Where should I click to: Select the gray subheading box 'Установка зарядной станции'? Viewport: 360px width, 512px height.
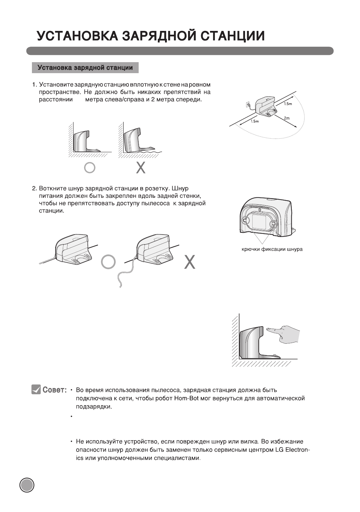click(85, 68)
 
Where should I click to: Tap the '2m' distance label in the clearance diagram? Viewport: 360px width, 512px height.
click(287, 118)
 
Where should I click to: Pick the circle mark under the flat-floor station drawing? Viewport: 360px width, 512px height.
click(90, 167)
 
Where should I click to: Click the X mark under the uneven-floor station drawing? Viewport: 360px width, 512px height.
click(141, 167)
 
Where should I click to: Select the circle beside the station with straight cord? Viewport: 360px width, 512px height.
click(108, 262)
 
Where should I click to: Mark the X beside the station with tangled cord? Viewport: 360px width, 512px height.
click(190, 262)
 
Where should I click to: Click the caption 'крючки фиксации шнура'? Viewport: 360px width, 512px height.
click(272, 249)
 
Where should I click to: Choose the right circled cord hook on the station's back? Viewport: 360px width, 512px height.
click(273, 224)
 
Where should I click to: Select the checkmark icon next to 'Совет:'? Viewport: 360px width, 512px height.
click(36, 390)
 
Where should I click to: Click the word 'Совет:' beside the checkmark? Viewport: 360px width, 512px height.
click(54, 390)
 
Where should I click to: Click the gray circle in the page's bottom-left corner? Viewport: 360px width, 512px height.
click(27, 485)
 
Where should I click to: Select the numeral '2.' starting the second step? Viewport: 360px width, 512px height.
click(34, 189)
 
